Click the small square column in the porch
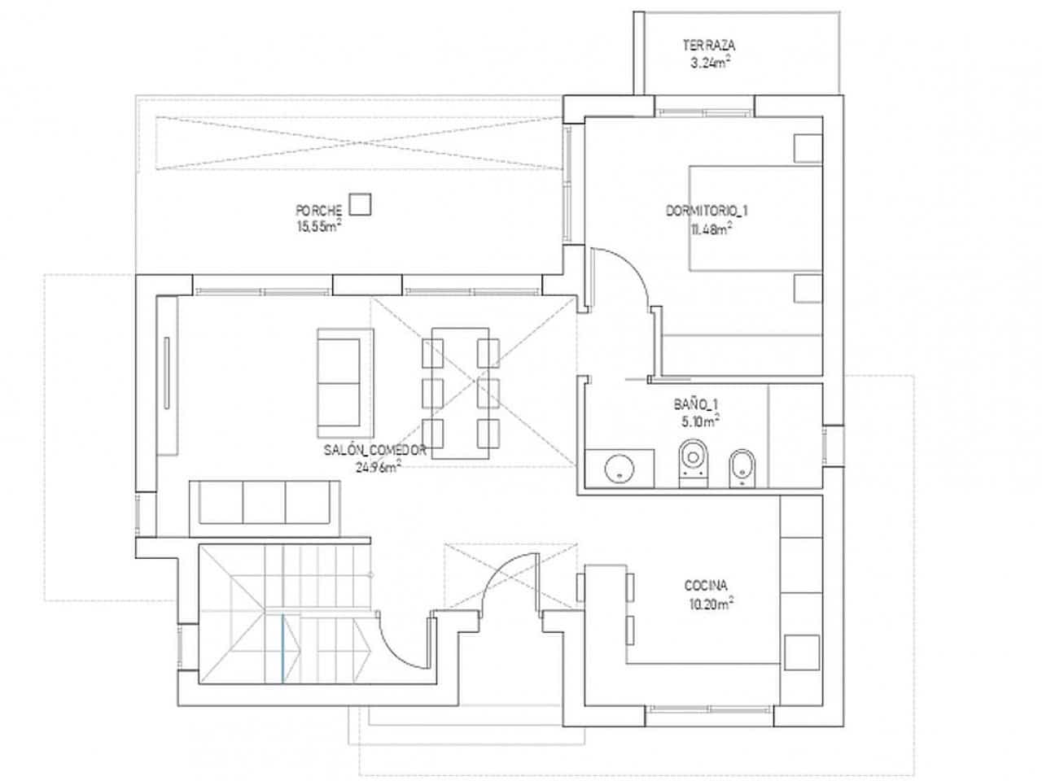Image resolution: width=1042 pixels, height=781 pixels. click(x=360, y=203)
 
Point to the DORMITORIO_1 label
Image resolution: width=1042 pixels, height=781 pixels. click(x=707, y=211)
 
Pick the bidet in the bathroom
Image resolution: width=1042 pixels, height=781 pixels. click(x=742, y=466)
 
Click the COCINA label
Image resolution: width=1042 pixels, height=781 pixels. click(x=706, y=585)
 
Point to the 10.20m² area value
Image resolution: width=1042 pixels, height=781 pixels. click(x=710, y=603)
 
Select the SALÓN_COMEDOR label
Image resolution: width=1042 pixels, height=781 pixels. click(x=374, y=449)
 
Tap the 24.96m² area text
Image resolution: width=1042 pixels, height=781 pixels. click(x=378, y=467)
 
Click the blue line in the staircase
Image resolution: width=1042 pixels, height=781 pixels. click(x=282, y=647)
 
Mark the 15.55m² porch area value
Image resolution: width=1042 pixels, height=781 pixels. click(x=319, y=229)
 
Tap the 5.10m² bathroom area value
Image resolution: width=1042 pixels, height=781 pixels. click(x=698, y=421)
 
